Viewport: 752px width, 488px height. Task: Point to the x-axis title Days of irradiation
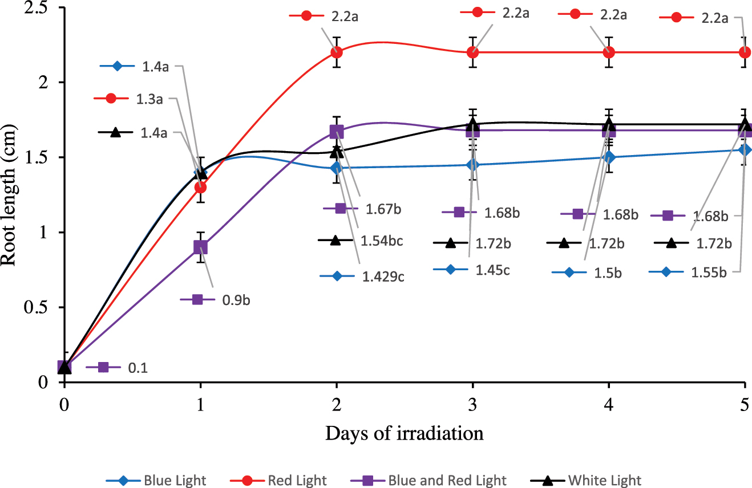tap(405, 433)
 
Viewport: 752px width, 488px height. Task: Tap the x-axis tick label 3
tap(473, 402)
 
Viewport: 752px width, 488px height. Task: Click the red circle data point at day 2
tap(337, 52)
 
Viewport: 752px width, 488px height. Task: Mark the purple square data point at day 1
tap(200, 247)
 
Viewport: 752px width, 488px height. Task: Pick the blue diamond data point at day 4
tap(609, 157)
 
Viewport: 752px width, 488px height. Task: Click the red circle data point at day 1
tap(200, 187)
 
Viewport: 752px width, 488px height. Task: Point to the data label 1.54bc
tap(382, 241)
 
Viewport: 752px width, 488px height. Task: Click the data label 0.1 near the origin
tap(138, 368)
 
